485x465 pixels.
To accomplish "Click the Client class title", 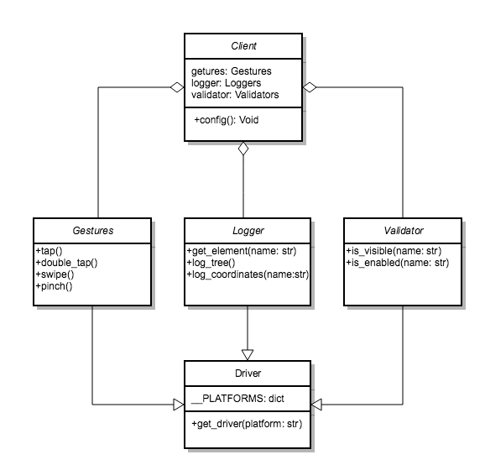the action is click(x=243, y=46).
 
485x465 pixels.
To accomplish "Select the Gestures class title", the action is click(x=93, y=231).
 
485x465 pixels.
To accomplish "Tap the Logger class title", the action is click(x=248, y=231).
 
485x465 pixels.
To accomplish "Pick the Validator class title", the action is click(x=404, y=231).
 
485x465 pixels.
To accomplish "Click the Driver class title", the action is click(x=248, y=374).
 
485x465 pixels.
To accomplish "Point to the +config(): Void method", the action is click(x=226, y=120).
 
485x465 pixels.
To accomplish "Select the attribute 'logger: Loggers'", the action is click(x=226, y=83).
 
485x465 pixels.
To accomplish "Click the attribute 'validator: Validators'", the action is click(x=235, y=95).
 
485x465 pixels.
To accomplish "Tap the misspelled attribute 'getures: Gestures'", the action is click(x=231, y=71).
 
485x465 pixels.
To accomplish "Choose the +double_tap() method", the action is click(x=66, y=263).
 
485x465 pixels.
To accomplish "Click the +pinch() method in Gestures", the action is click(x=54, y=286).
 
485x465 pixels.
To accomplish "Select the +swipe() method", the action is click(x=55, y=274).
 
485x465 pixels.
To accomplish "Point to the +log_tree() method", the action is click(x=211, y=263).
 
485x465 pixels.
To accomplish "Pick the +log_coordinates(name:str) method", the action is click(x=248, y=274).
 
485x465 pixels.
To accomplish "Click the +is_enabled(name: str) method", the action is click(x=398, y=263).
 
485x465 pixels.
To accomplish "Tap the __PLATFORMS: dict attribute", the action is click(x=237, y=399).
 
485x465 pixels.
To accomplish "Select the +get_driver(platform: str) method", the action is click(x=247, y=424).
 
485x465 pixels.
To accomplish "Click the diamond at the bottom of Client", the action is click(x=243, y=149).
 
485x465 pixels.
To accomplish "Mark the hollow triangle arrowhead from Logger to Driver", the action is click(x=248, y=355).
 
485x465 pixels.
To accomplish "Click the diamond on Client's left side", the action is click(x=177, y=87).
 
